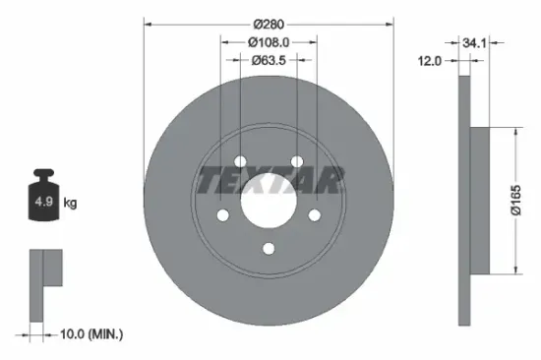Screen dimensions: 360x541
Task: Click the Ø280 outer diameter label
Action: pos(269,23)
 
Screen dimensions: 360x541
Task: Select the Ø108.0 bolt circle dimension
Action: pos(269,42)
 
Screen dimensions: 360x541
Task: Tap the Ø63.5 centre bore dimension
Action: pos(269,61)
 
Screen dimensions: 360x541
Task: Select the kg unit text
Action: pos(71,204)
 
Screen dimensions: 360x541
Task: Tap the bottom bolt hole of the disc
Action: pos(269,249)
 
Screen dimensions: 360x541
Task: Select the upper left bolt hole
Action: pos(240,163)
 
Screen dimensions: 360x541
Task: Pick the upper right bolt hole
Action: pos(297,163)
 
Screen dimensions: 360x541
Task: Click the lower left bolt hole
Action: pos(222,216)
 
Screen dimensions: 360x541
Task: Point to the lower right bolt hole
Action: pos(315,216)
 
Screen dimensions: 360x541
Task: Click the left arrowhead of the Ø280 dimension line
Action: pos(149,23)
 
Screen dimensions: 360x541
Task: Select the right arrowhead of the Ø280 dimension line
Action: pos(390,23)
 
